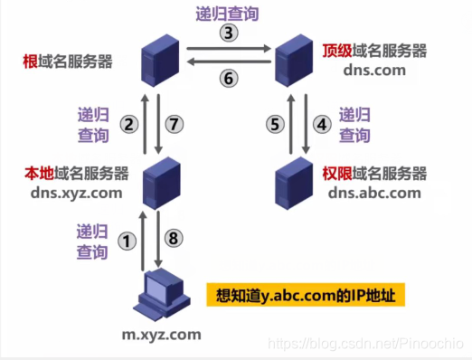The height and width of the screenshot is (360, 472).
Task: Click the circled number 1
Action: pyautogui.click(x=127, y=241)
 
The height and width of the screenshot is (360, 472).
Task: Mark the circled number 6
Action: pyautogui.click(x=229, y=78)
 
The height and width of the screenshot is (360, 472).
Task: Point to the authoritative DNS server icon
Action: pyautogui.click(x=295, y=182)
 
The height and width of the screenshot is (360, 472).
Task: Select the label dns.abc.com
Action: pyautogui.click(x=374, y=192)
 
